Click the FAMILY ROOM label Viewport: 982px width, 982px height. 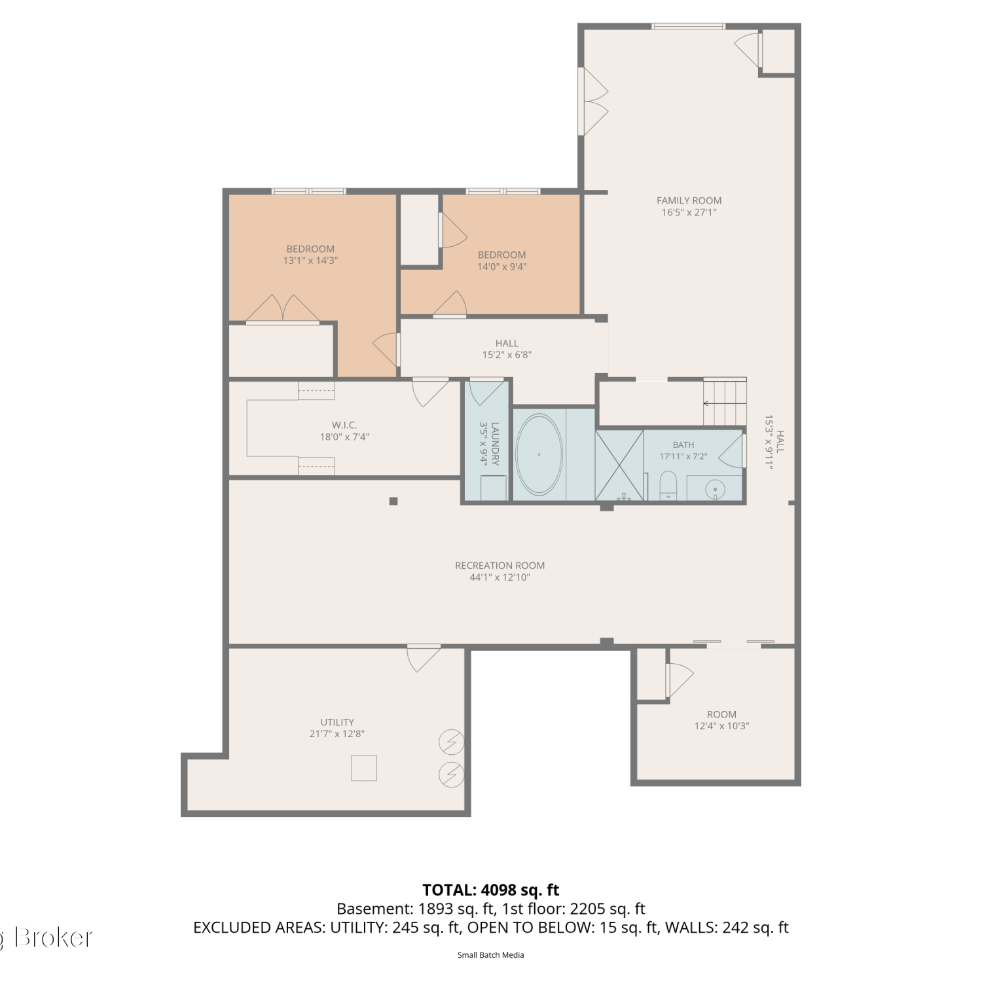[689, 200]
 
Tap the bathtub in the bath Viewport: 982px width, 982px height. [539, 454]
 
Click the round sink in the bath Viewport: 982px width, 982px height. [717, 488]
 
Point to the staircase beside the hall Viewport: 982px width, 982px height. [725, 401]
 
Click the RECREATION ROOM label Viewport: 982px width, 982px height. [500, 566]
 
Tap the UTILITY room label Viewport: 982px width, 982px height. [337, 722]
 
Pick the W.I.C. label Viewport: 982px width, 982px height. [344, 425]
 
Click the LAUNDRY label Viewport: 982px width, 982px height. [495, 443]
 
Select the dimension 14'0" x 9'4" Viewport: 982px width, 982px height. [501, 266]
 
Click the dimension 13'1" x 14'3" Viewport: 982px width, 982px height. [310, 261]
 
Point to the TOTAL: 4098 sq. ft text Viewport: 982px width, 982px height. [491, 890]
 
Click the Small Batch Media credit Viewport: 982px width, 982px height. [491, 955]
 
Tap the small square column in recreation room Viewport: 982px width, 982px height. [393, 501]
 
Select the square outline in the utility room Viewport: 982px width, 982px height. [364, 768]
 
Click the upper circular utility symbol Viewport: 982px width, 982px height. [451, 742]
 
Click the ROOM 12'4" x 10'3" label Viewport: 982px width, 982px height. [721, 720]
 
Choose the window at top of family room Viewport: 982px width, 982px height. [688, 26]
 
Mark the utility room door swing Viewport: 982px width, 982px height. [424, 658]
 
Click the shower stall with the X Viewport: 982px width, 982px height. [619, 465]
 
